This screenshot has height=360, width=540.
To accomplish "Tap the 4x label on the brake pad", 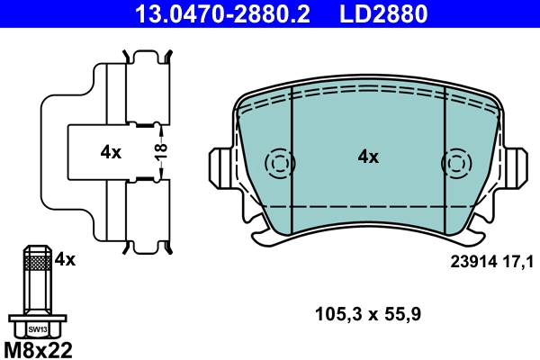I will click(368, 157).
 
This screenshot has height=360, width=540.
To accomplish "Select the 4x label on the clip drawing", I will click(111, 152).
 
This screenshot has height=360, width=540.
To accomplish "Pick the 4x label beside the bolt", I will click(65, 259).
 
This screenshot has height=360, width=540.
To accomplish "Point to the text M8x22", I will click(38, 349).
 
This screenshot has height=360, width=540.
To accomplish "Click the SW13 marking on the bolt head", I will click(37, 329).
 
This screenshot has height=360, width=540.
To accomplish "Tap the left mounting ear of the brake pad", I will click(220, 167).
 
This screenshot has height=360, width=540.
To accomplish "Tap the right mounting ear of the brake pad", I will click(517, 167).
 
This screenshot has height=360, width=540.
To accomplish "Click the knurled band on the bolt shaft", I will click(37, 262).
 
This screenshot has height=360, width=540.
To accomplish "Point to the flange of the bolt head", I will click(37, 318).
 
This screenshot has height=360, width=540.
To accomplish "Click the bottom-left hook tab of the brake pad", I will click(263, 236).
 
